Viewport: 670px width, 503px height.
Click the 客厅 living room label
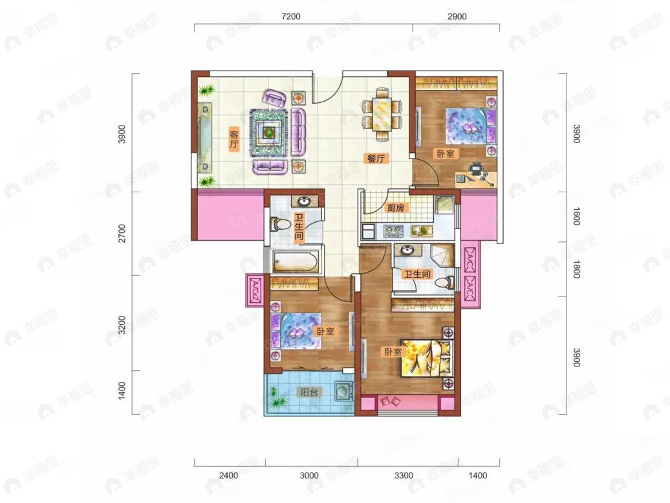click(233, 138)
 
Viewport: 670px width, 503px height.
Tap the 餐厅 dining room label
click(376, 159)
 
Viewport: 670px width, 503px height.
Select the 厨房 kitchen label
click(396, 208)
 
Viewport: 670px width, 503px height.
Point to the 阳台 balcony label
click(308, 392)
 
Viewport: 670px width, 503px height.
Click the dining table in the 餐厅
click(382, 114)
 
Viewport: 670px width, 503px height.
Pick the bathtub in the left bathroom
click(296, 262)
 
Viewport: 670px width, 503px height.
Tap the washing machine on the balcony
click(344, 390)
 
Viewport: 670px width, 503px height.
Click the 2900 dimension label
click(457, 17)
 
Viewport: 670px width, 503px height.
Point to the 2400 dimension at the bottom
click(228, 475)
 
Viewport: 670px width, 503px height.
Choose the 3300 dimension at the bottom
click(404, 475)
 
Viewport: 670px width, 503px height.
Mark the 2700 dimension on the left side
click(122, 234)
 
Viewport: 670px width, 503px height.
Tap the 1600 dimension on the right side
click(576, 216)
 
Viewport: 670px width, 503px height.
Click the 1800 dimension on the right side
click(576, 269)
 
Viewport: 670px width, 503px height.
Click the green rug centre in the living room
click(268, 132)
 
